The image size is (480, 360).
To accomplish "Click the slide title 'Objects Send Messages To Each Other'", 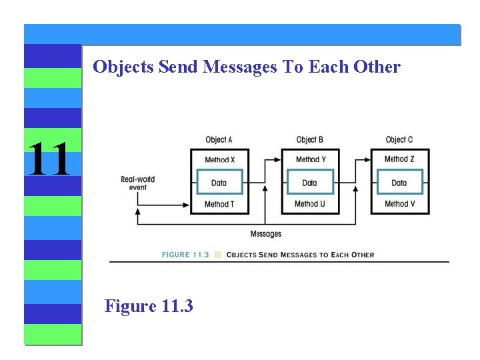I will (247, 67).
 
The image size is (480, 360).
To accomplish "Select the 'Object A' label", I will (219, 139).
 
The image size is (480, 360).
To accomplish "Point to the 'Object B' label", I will (309, 139).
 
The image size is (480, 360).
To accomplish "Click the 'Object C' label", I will (399, 139).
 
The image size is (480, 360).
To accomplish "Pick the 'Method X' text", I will (219, 160).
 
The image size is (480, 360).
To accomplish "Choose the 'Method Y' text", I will (310, 160).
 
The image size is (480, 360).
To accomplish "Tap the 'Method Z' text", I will (399, 159).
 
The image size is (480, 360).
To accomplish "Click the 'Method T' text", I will (219, 204).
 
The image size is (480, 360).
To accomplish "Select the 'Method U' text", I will (310, 204).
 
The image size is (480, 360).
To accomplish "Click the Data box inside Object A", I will (219, 183).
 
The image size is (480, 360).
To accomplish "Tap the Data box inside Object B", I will (310, 183).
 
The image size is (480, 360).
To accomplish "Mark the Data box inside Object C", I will (399, 183).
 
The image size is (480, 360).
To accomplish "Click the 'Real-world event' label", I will (137, 183).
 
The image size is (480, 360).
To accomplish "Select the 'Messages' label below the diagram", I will (265, 234).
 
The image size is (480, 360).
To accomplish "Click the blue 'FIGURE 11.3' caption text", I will (185, 255).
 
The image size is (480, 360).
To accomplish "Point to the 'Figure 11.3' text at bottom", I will (149, 306).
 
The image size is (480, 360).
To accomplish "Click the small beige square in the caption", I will (218, 255).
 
